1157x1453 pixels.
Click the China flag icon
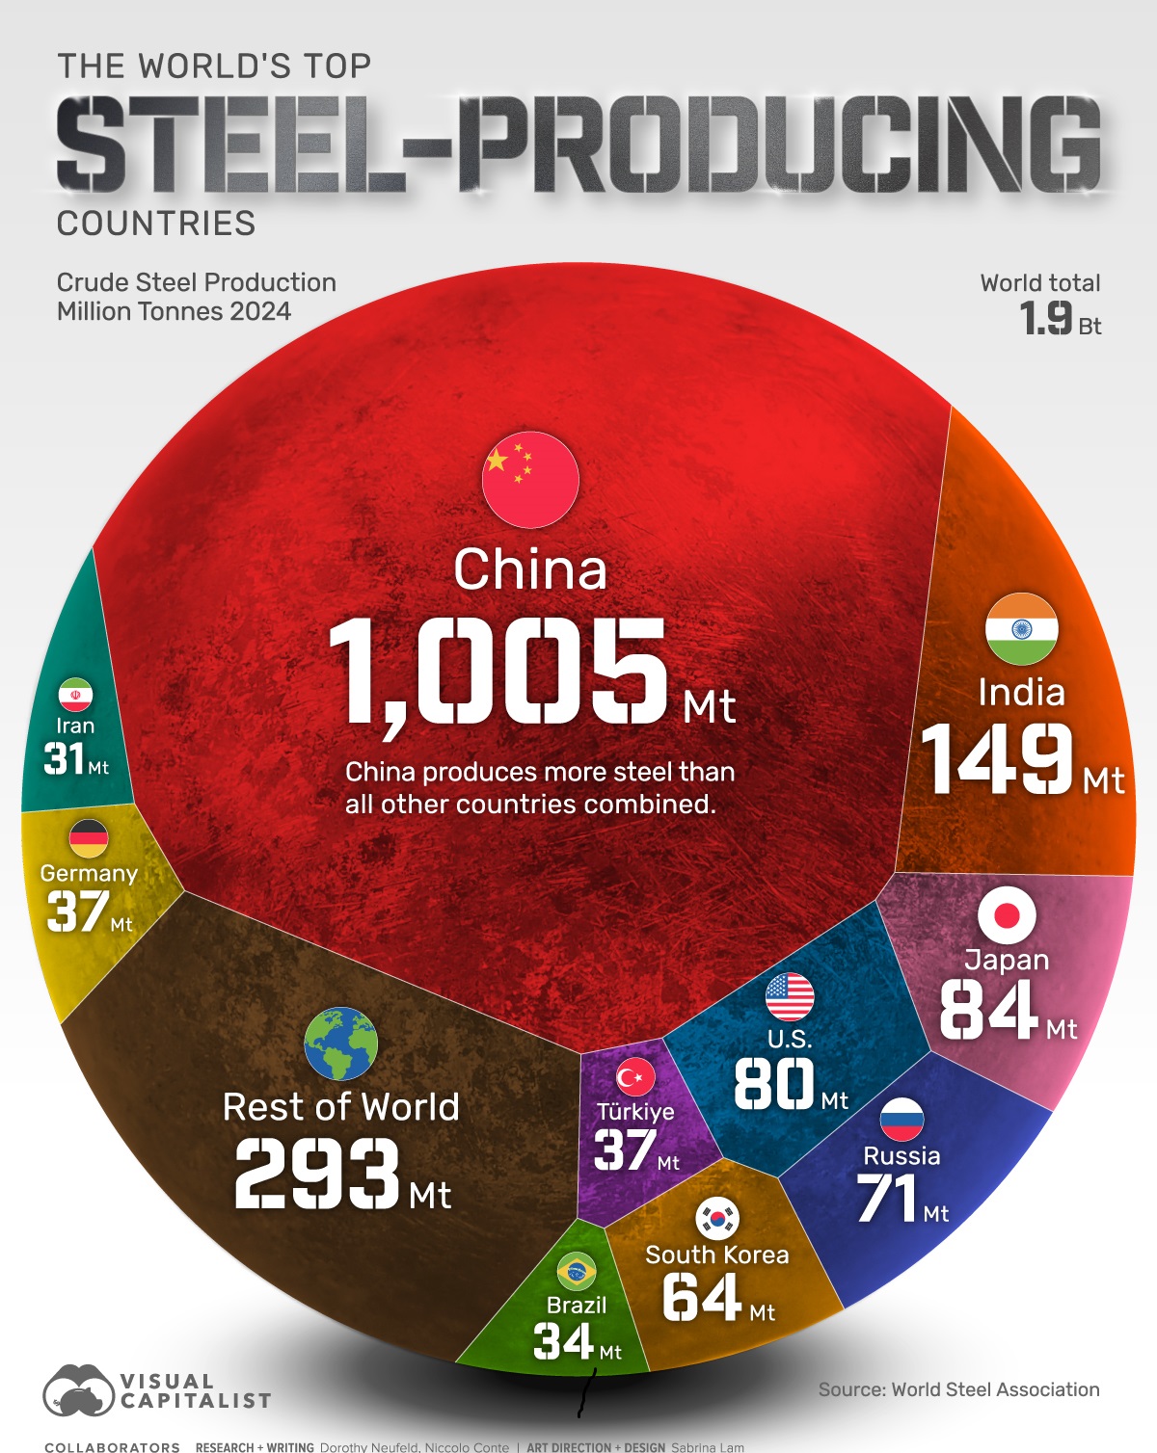click(530, 480)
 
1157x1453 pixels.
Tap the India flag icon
click(1021, 629)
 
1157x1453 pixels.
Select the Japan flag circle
click(1007, 914)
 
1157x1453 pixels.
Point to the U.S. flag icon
click(790, 996)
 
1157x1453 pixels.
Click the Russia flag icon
click(901, 1120)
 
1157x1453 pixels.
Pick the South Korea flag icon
click(717, 1218)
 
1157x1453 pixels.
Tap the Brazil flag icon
click(576, 1272)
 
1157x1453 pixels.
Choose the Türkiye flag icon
click(635, 1077)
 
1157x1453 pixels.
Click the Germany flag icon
click(89, 838)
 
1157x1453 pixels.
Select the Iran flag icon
click(75, 695)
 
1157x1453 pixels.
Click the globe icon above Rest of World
click(340, 1044)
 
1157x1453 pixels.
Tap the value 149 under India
click(997, 759)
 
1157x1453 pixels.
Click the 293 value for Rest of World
click(317, 1173)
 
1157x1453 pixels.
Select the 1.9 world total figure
click(1046, 318)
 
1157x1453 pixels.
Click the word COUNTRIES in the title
click(156, 224)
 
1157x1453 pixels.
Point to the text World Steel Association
click(995, 1389)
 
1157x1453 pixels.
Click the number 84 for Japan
click(988, 1010)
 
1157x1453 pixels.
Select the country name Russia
click(901, 1155)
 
